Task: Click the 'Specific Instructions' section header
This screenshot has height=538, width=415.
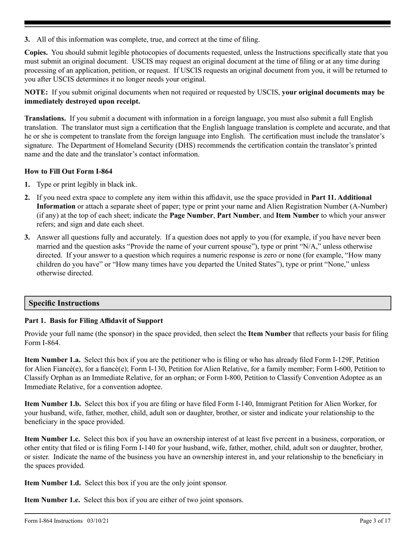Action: (x=64, y=303)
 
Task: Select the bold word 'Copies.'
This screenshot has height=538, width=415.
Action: (x=36, y=52)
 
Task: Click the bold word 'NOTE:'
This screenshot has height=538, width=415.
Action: (x=36, y=92)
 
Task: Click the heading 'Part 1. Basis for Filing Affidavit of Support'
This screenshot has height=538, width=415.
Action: (x=94, y=321)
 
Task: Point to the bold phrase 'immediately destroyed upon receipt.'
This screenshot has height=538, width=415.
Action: (x=82, y=101)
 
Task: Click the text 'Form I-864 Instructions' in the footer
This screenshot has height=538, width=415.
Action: (x=53, y=521)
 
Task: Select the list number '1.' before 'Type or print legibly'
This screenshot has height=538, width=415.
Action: (x=27, y=185)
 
